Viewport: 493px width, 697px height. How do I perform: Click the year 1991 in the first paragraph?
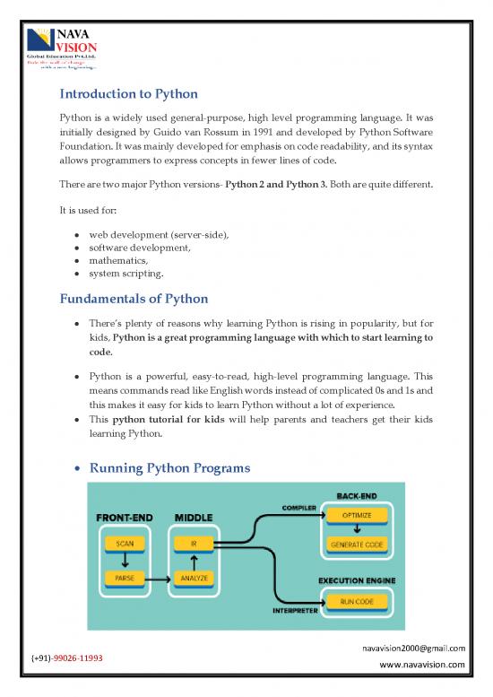[271, 135]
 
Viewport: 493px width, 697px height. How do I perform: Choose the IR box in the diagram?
[193, 543]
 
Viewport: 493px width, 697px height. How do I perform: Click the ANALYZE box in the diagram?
[193, 579]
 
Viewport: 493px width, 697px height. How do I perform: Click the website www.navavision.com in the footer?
[421, 665]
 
